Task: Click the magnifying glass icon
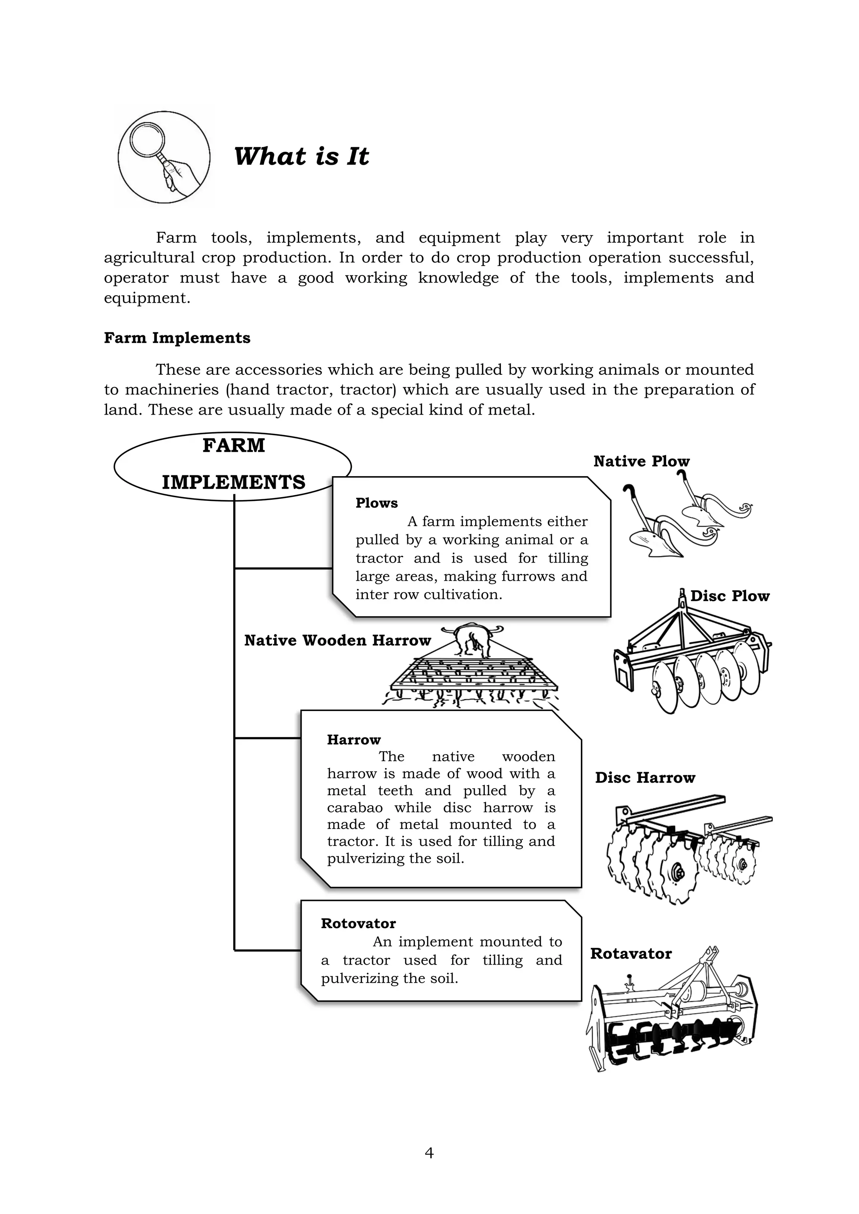164,158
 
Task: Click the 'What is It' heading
301,156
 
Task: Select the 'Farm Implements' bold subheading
177,338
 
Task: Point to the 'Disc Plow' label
730,597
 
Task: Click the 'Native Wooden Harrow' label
338,641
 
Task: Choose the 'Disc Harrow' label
645,778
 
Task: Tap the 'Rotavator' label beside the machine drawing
630,954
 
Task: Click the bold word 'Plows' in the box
377,503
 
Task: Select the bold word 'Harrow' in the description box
354,740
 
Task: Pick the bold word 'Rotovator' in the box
358,924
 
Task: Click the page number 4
429,1153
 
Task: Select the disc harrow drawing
687,851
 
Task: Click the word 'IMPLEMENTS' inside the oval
233,482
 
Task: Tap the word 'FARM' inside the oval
233,446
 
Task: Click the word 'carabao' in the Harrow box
354,807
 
